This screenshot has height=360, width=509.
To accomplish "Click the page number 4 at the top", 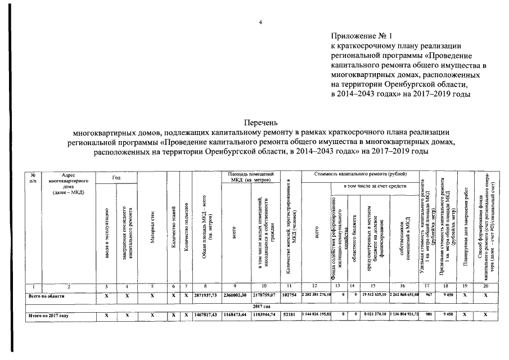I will [x=260, y=22].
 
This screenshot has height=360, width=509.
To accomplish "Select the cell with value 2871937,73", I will [x=206, y=295].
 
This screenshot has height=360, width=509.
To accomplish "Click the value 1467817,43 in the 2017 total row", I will [x=206, y=316].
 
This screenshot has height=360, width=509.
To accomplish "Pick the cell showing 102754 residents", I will [x=288, y=295].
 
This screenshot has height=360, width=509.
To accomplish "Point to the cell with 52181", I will [x=288, y=316].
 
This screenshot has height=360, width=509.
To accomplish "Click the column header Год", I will [x=116, y=178].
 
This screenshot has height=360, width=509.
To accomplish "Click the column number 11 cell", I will [x=288, y=286].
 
